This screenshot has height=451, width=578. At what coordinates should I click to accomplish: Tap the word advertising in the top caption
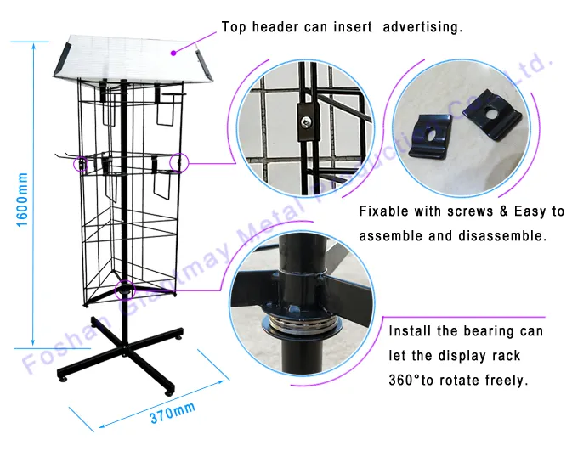422,27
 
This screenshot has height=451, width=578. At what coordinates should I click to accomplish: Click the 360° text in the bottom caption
408,381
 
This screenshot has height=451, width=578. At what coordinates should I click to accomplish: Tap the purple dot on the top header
174,53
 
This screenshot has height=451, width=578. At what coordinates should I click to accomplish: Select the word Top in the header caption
235,27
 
